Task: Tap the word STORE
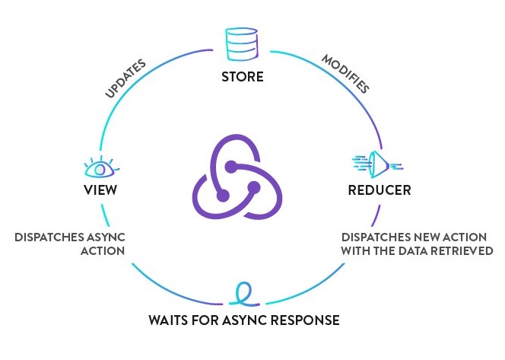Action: [x=242, y=77]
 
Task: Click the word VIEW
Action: [x=99, y=190]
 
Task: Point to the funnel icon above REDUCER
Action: [x=377, y=163]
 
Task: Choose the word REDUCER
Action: [x=378, y=190]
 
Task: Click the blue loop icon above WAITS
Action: [x=243, y=293]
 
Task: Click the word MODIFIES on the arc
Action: [x=345, y=74]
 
